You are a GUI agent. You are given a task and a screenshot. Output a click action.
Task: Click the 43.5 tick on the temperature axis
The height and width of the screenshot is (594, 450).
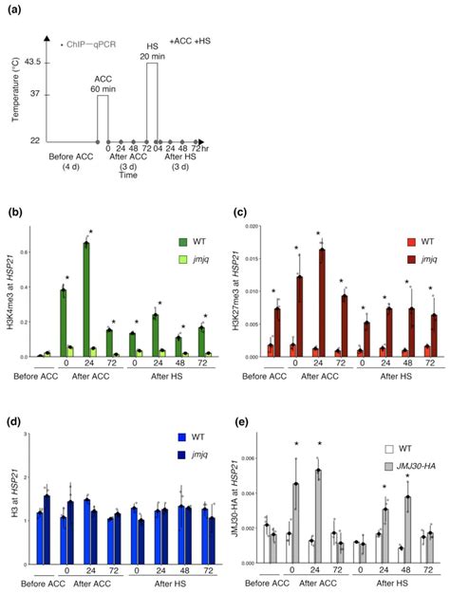[x=29, y=64]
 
